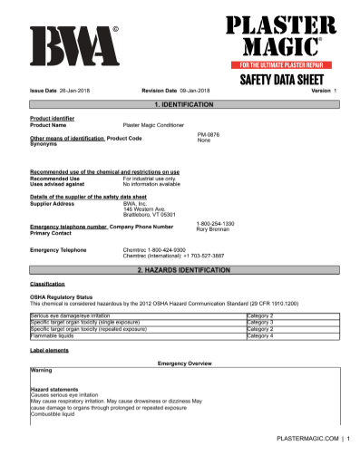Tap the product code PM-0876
(x=209, y=134)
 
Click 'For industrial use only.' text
(x=150, y=179)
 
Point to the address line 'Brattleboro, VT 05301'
(x=150, y=214)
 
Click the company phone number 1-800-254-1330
(x=215, y=223)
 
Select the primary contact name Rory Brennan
(x=214, y=229)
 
